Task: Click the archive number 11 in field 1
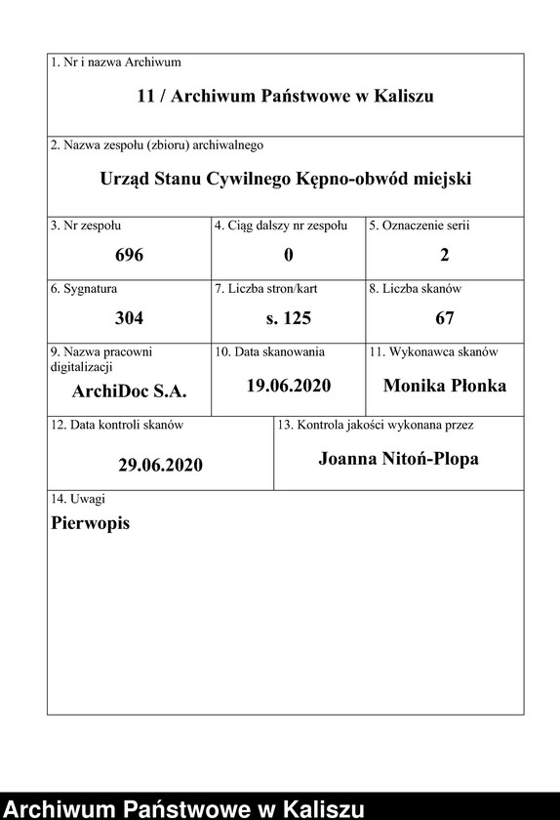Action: [x=146, y=96]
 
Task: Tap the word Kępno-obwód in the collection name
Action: [x=362, y=180]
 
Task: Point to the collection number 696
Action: [x=129, y=256]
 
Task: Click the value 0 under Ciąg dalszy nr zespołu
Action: [x=289, y=256]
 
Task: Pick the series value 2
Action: [x=445, y=256]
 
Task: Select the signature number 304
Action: [x=129, y=318]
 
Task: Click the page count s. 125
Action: [x=289, y=318]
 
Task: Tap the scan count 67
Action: [x=445, y=318]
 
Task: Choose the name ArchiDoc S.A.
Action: [x=129, y=390]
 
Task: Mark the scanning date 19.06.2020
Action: [x=289, y=386]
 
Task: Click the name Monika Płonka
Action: [x=445, y=386]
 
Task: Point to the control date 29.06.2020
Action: [x=161, y=465]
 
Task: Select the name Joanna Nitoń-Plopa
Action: [x=398, y=458]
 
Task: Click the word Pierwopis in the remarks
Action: [x=90, y=522]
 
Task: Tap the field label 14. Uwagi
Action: [x=78, y=499]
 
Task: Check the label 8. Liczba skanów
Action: [x=415, y=289]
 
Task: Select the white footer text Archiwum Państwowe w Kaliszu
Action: [x=184, y=808]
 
